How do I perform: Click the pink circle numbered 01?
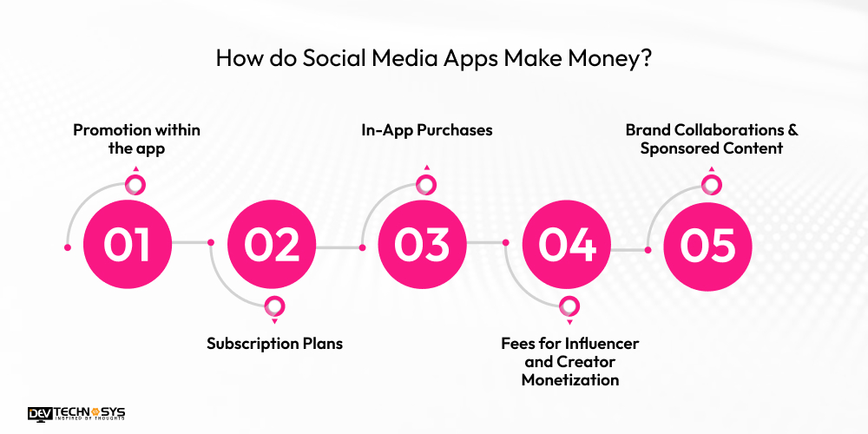[x=127, y=246]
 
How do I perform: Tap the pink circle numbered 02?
[x=272, y=246]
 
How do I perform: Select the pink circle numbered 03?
[x=421, y=246]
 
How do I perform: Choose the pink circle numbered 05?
[x=708, y=246]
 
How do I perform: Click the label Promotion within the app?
[x=136, y=139]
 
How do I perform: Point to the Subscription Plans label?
[x=274, y=344]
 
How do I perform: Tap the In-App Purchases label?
[x=426, y=130]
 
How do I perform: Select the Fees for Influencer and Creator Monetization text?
[x=569, y=362]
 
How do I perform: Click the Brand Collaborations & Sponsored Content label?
[x=712, y=139]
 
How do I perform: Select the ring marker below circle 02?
[x=274, y=306]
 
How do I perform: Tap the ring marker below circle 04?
[x=569, y=306]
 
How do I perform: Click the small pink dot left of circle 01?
[x=68, y=247]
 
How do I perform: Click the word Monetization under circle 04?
[x=569, y=380]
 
